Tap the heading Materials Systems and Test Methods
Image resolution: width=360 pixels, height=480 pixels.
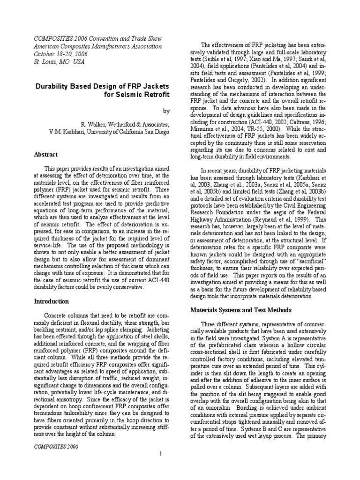(x=241, y=310)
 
